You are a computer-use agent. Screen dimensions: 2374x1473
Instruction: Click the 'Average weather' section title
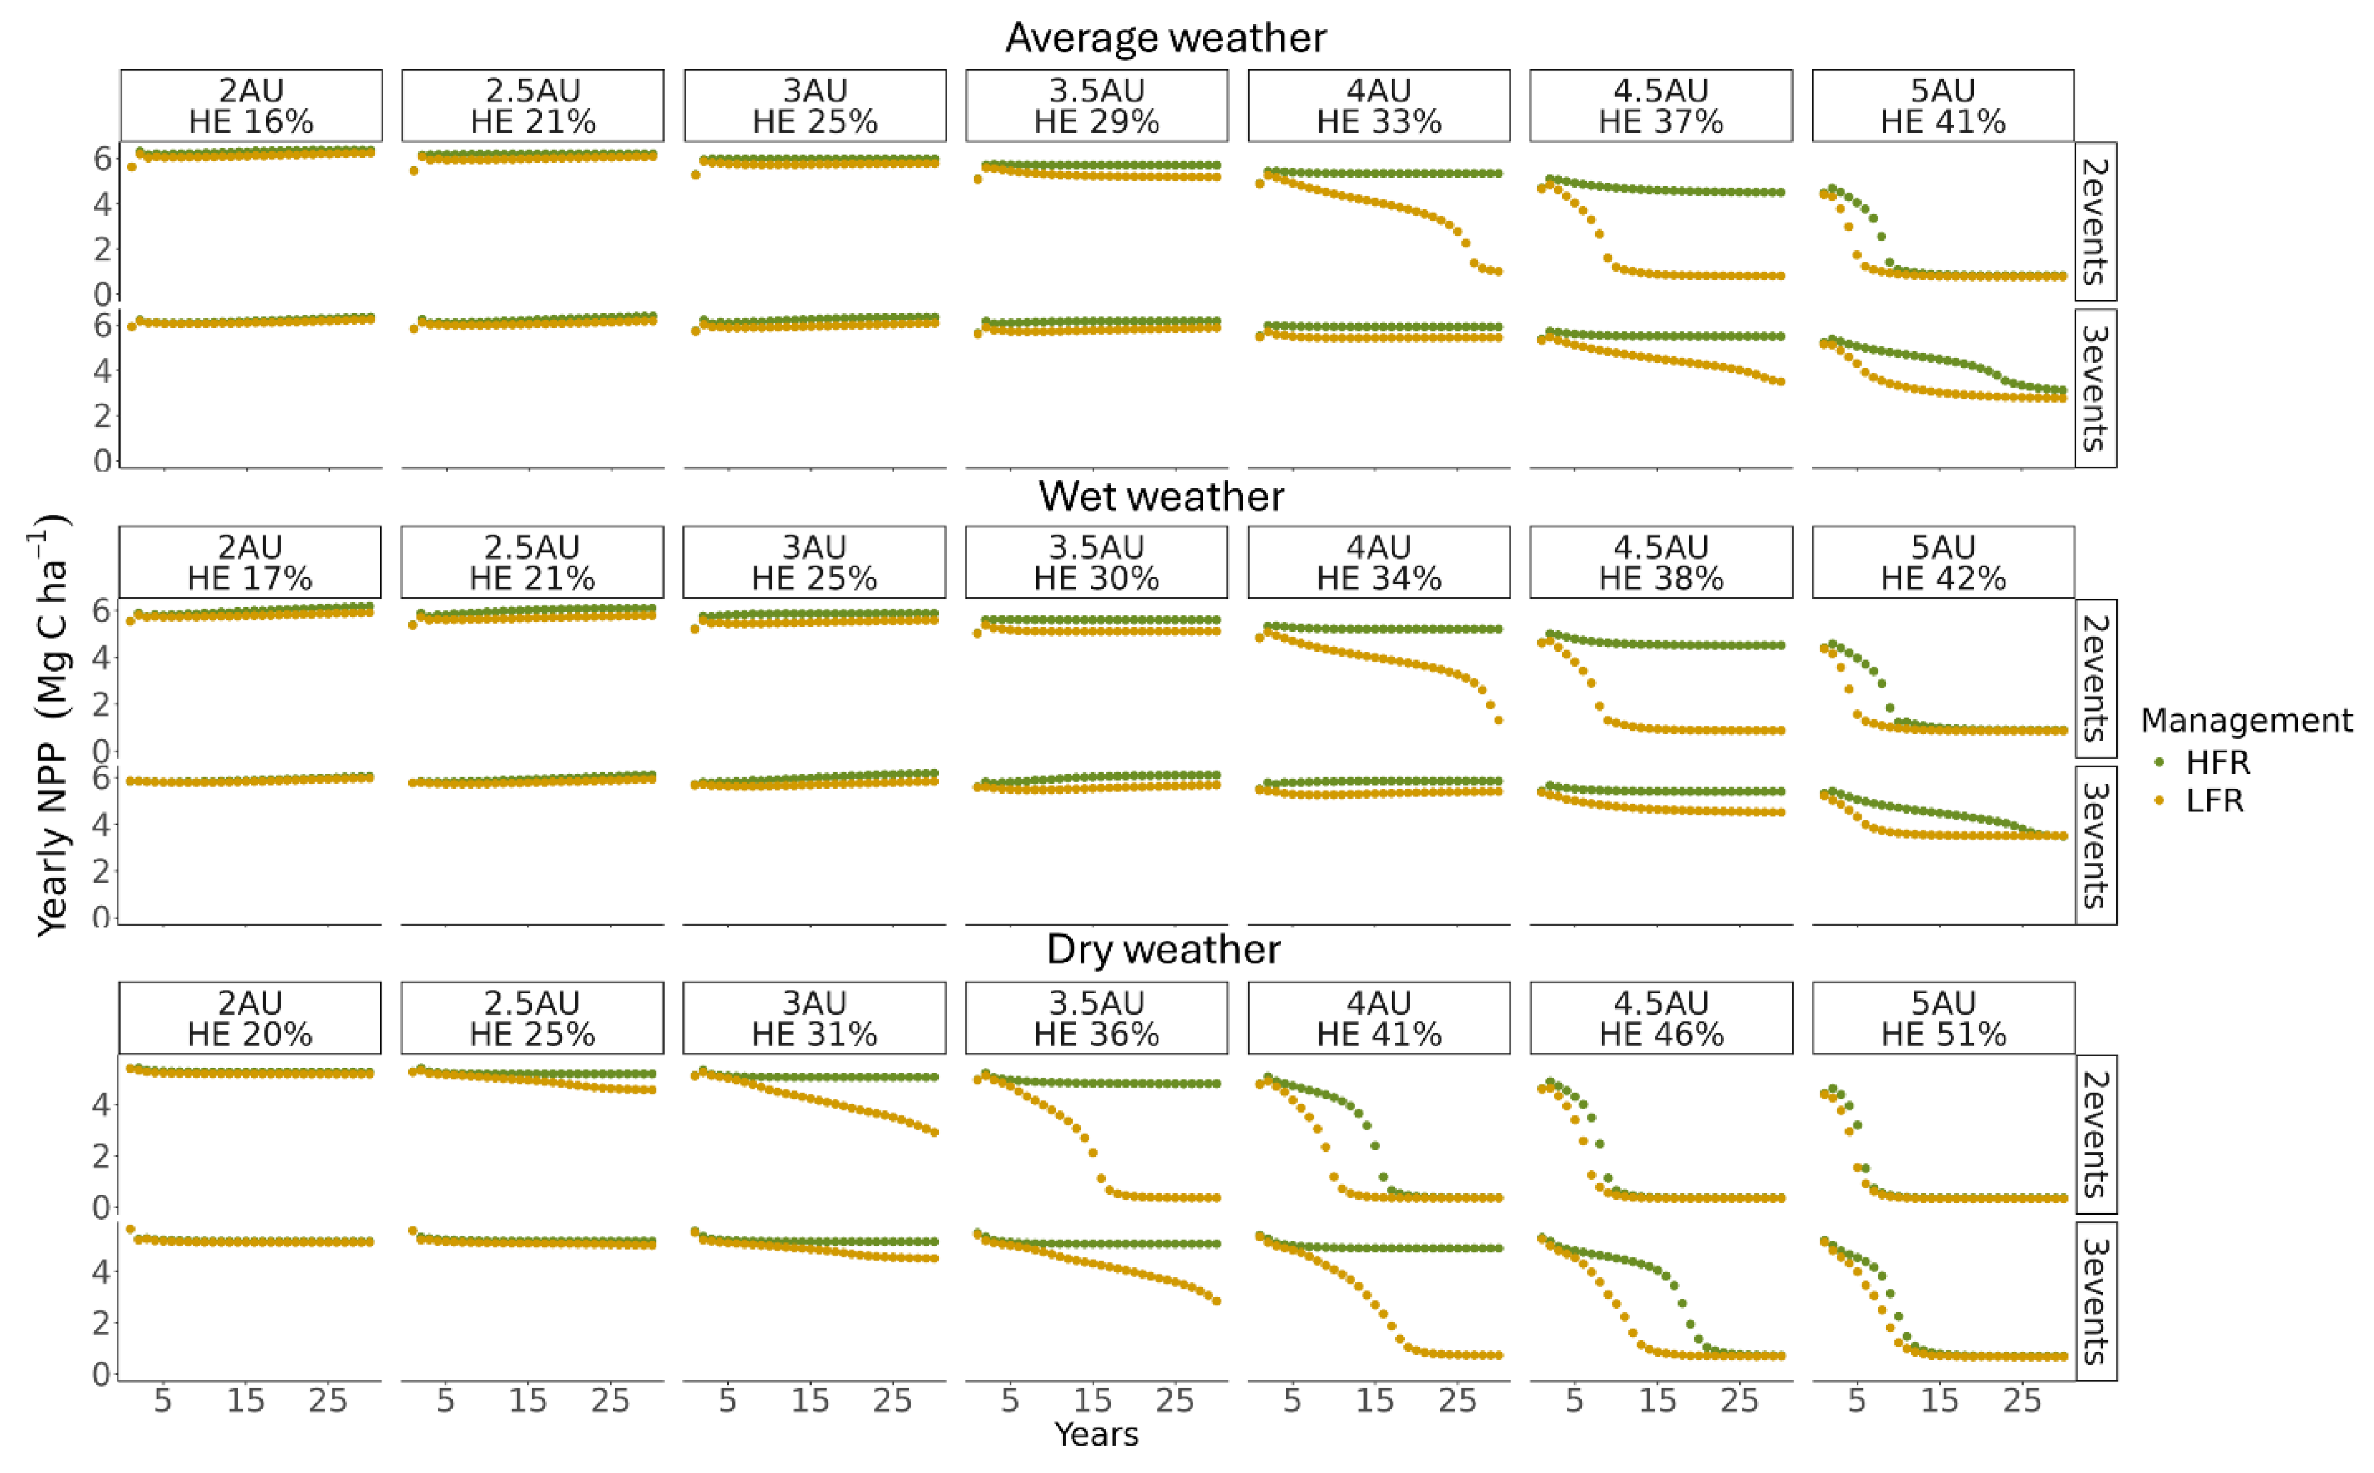pyautogui.click(x=1165, y=38)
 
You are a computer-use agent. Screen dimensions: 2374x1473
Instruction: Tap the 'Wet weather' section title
pyautogui.click(x=1161, y=496)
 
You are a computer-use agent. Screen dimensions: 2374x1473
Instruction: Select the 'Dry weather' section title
pyautogui.click(x=1163, y=949)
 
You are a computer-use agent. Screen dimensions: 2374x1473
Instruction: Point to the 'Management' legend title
pyautogui.click(x=2246, y=720)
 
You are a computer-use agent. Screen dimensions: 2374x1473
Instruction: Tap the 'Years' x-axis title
pyautogui.click(x=1096, y=1434)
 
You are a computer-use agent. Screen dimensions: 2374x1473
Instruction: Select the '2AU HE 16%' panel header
pyautogui.click(x=251, y=105)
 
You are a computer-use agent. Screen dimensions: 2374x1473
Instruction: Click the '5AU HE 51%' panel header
pyautogui.click(x=1944, y=1018)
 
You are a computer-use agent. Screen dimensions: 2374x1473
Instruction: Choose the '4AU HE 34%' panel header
pyautogui.click(x=1378, y=562)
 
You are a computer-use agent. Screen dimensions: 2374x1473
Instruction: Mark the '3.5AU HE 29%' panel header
pyautogui.click(x=1097, y=105)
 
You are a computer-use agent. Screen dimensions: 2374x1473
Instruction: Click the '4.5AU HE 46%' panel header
pyautogui.click(x=1661, y=1018)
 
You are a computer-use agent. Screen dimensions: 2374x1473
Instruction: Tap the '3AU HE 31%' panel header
pyautogui.click(x=814, y=1018)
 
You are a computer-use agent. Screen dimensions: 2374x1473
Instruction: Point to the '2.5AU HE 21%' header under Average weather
pyautogui.click(x=533, y=105)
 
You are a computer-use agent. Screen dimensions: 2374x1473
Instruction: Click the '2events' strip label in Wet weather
pyautogui.click(x=2096, y=679)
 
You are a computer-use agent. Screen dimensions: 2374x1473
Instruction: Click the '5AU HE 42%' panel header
pyautogui.click(x=1944, y=562)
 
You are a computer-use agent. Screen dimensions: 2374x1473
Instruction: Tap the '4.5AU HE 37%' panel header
pyautogui.click(x=1661, y=105)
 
